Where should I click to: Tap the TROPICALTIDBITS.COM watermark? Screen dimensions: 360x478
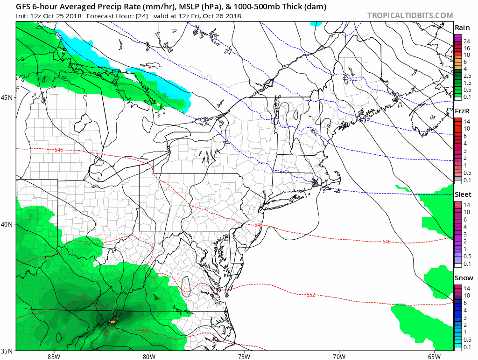[x=410, y=15]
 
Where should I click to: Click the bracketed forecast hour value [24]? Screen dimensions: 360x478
[x=139, y=16]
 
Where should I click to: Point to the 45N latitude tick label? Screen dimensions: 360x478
[x=8, y=97]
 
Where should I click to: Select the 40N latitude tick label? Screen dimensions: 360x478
[x=8, y=224]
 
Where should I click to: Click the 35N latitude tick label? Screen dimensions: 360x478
[x=8, y=350]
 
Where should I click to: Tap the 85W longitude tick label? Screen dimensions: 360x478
[x=54, y=356]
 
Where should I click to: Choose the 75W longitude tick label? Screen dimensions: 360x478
[x=244, y=356]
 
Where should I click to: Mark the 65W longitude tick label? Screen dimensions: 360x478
[x=434, y=356]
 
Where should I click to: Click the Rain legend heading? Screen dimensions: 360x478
[x=462, y=28]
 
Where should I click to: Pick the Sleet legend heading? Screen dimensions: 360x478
[x=463, y=194]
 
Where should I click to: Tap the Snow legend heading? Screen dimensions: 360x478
[x=463, y=278]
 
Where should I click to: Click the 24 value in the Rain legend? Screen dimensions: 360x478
[x=466, y=41]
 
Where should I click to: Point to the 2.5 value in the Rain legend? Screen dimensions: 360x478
[x=466, y=76]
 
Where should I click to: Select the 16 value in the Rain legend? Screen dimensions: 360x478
[x=466, y=48]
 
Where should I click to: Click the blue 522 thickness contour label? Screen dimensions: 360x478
[x=353, y=79]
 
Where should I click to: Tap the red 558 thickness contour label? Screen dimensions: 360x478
[x=144, y=331]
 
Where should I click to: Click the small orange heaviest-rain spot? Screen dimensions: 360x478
[x=112, y=322]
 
